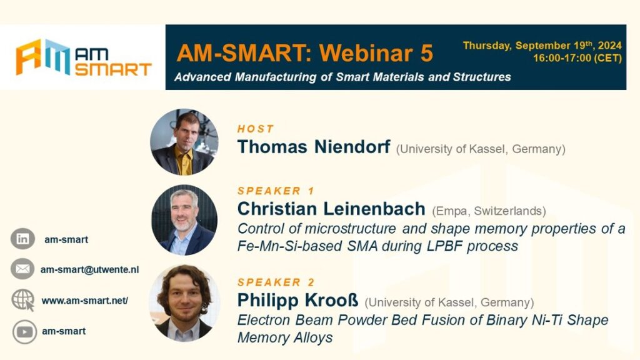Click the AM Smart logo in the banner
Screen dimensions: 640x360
(84, 57)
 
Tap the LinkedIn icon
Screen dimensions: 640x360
(22, 239)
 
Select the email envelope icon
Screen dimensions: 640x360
(22, 269)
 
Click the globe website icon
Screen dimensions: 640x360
(23, 300)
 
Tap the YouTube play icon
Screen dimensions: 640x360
(24, 332)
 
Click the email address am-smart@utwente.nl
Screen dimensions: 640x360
(89, 270)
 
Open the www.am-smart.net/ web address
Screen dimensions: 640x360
(84, 301)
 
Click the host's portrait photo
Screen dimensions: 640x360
(184, 142)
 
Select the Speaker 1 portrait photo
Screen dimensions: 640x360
(184, 220)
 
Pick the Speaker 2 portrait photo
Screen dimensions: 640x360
(184, 303)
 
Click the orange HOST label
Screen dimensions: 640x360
(256, 129)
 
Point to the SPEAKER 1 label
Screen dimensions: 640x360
(276, 191)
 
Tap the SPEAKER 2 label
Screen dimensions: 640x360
(276, 282)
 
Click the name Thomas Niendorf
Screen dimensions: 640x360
(314, 147)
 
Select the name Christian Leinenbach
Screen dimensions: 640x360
(331, 209)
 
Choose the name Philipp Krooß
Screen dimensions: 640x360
(297, 301)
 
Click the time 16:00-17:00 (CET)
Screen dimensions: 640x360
(577, 58)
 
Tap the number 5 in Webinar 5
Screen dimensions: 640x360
(426, 53)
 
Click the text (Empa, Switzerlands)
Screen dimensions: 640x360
(489, 211)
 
